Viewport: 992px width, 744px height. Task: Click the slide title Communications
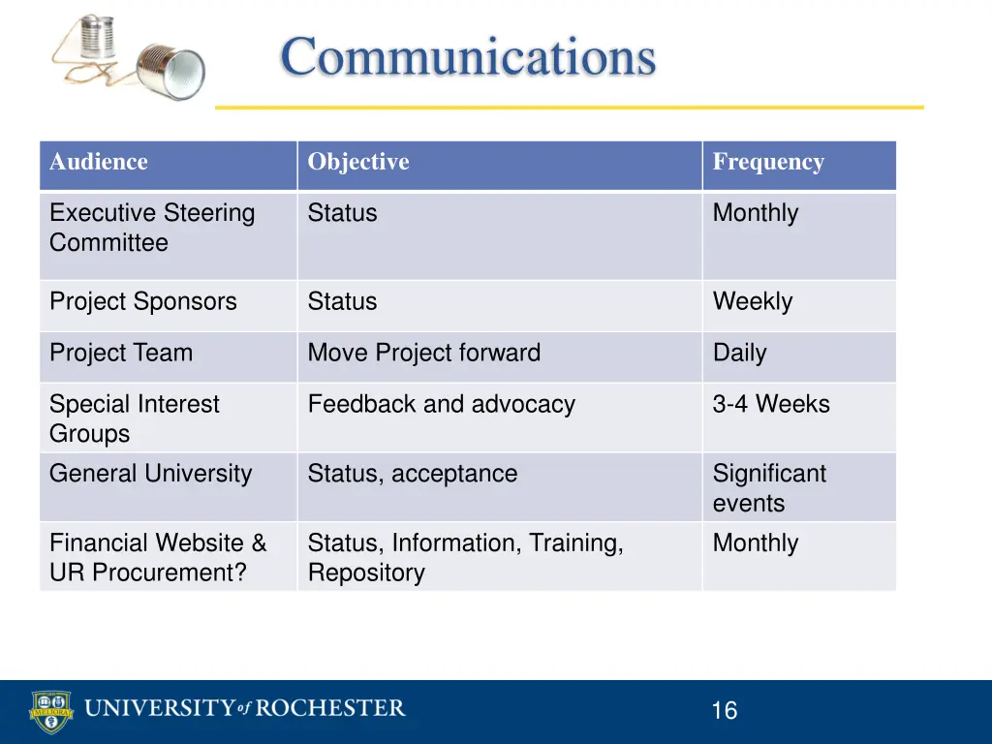point(468,56)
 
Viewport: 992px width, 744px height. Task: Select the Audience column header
point(99,162)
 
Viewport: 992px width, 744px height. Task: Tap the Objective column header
point(358,162)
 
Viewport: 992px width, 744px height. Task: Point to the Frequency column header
point(768,162)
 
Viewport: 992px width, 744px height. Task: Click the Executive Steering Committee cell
point(152,228)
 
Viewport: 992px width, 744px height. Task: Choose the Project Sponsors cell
point(143,301)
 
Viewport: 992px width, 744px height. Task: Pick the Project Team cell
point(121,353)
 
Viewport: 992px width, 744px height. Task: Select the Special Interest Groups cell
point(135,418)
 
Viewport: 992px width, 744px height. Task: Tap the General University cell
point(150,474)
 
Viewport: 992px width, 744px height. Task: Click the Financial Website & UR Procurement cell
point(158,557)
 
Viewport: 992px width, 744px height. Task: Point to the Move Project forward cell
point(424,353)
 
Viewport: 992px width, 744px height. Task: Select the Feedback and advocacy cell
point(442,404)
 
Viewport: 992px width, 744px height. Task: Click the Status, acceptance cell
point(413,474)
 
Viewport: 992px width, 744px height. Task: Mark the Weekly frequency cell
point(753,301)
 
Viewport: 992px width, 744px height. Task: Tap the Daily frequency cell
point(740,353)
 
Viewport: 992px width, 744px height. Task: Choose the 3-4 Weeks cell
point(771,404)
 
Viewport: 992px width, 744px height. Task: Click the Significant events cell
point(769,488)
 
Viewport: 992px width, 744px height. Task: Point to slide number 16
point(724,711)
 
